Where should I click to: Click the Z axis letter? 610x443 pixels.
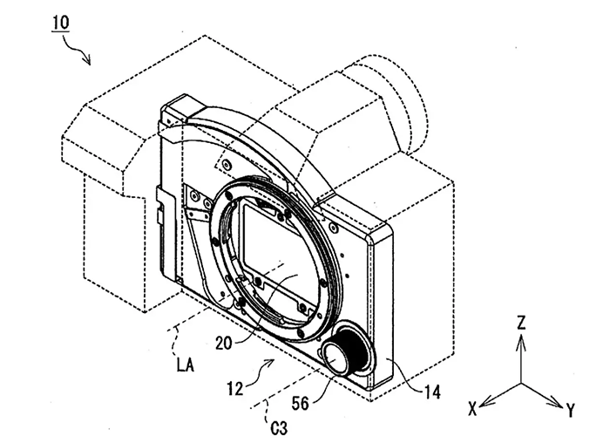[x=520, y=323]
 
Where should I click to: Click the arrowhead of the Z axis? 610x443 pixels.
[x=521, y=338]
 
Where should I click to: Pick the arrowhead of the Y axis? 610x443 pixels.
[x=560, y=403]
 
